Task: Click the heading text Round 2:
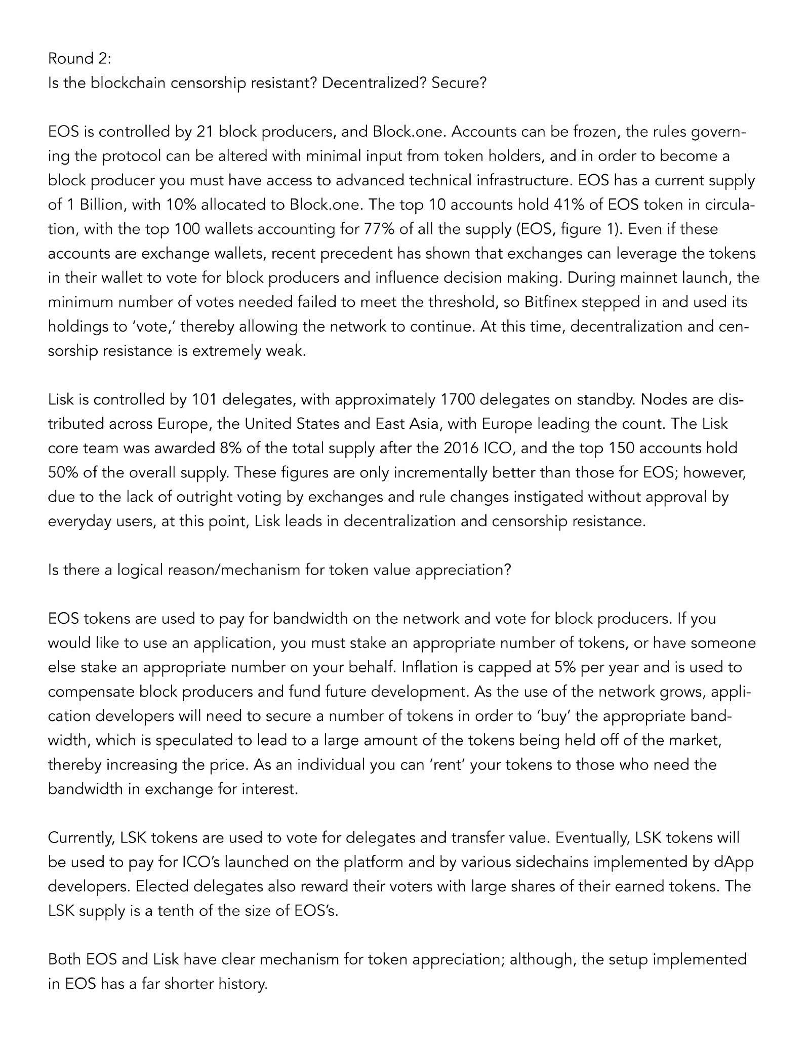pos(79,59)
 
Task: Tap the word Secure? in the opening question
pos(459,83)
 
